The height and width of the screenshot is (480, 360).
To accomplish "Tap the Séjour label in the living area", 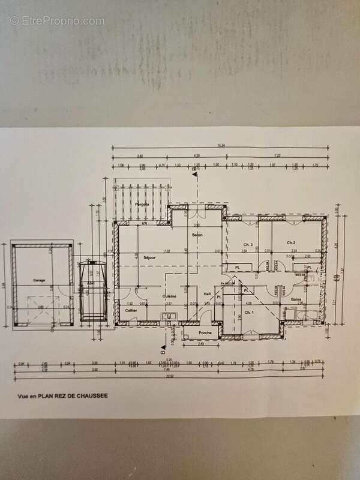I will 150,257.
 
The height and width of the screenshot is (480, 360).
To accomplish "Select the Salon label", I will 197,235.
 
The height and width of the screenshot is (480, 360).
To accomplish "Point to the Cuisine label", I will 169,296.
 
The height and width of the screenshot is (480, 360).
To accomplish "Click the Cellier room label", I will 130,310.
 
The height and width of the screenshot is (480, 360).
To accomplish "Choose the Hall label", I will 207,293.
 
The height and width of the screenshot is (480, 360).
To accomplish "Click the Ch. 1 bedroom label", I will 250,313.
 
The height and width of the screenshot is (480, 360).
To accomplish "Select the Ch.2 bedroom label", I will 293,243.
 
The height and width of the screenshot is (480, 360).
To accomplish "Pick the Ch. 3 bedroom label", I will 247,244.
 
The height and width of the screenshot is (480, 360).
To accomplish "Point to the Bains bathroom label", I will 296,299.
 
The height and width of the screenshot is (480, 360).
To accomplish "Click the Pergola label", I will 142,205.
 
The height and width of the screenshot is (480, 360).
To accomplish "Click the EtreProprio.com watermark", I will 57,20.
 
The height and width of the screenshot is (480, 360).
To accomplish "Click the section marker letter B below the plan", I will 163,353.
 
